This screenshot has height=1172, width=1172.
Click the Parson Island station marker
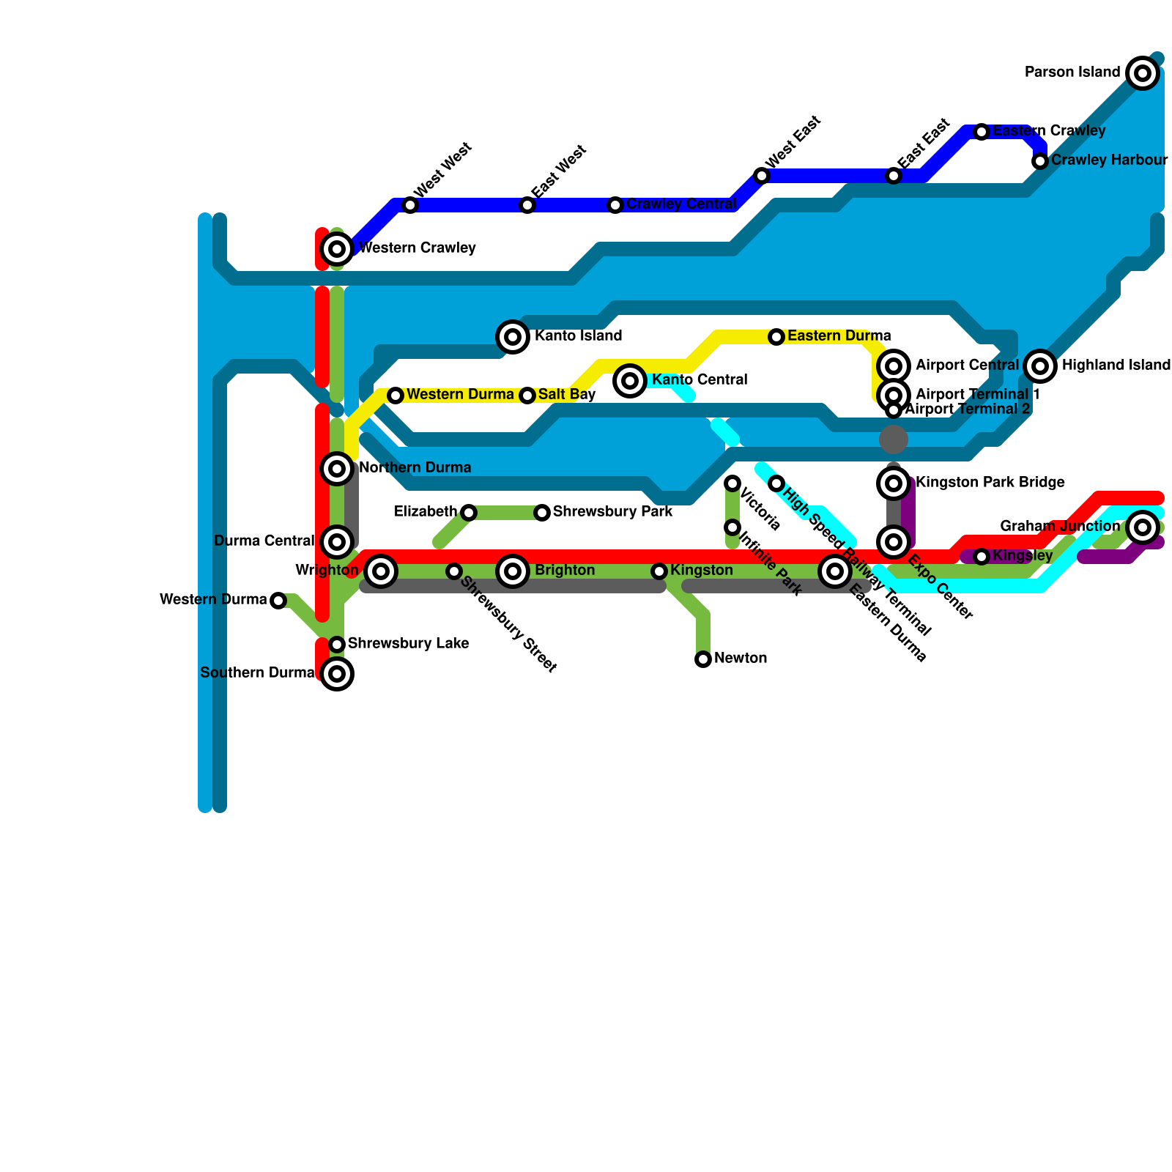[x=1143, y=73]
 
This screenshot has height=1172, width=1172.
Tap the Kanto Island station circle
[x=513, y=337]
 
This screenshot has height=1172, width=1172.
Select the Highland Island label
[x=1116, y=365]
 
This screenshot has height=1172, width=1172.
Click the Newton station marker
[x=703, y=659]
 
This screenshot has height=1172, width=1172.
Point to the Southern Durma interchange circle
[x=337, y=674]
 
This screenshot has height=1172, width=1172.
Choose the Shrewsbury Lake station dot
[x=337, y=645]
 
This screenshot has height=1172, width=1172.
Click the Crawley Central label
[x=681, y=204]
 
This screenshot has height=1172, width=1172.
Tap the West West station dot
[x=410, y=205]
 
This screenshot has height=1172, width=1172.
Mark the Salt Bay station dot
[x=527, y=396]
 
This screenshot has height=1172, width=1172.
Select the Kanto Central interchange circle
[x=630, y=380]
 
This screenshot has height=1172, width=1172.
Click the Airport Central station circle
[x=894, y=366]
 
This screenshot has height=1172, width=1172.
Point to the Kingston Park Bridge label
[x=990, y=483]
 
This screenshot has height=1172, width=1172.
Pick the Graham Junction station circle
[x=1143, y=527]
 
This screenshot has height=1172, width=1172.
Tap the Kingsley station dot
[x=982, y=557]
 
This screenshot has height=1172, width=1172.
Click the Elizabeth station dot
[x=469, y=513]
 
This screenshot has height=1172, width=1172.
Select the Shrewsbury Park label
[x=612, y=511]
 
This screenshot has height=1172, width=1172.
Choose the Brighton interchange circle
[x=513, y=571]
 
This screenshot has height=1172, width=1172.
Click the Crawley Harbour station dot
[x=1040, y=161]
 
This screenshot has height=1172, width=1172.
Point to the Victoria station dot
[x=732, y=483]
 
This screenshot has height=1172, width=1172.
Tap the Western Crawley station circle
[x=337, y=249]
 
